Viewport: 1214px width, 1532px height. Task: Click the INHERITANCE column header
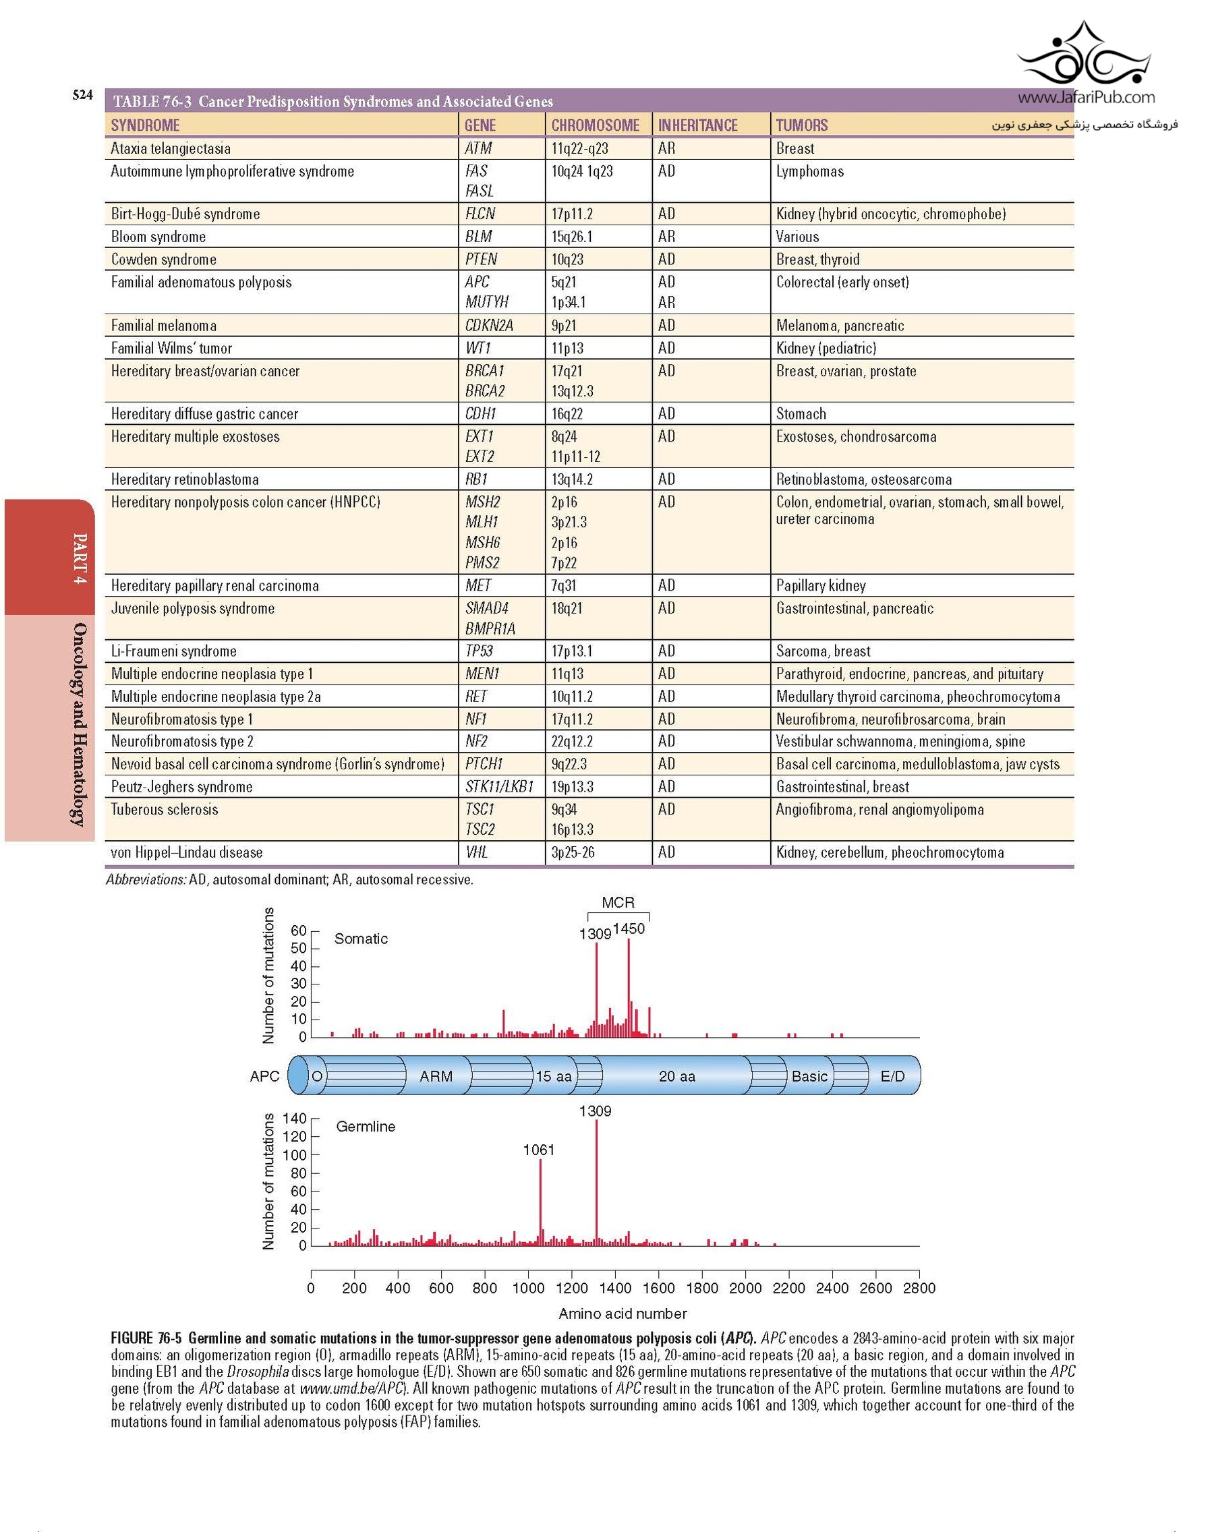click(697, 125)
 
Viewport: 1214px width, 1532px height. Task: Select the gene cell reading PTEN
click(481, 260)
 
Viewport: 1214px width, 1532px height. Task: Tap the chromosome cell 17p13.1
click(572, 651)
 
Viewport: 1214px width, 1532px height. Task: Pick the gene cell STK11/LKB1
click(499, 787)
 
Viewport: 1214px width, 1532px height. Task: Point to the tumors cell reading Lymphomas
click(809, 171)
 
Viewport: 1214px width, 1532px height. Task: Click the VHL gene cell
click(476, 852)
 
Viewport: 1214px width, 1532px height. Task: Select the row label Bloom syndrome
click(158, 237)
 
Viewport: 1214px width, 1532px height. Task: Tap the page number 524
click(82, 95)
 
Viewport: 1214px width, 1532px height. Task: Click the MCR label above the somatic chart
click(618, 902)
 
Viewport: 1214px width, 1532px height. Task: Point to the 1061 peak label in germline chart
click(538, 1150)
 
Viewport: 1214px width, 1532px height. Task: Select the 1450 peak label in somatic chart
click(629, 929)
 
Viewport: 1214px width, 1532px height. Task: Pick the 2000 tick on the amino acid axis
click(745, 1287)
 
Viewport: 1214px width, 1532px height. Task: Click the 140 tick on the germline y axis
click(294, 1119)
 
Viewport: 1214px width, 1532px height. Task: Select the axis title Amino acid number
click(623, 1313)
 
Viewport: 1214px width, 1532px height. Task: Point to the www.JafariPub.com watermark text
click(1085, 97)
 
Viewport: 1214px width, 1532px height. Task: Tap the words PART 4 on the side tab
click(80, 558)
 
